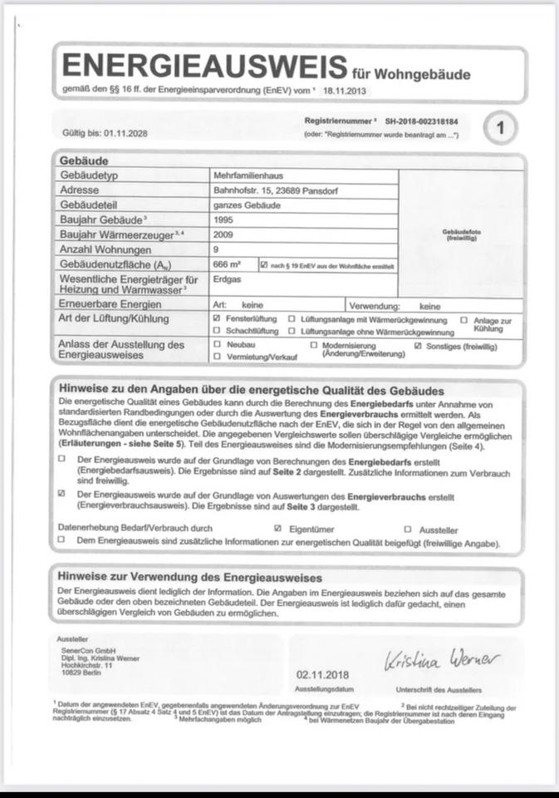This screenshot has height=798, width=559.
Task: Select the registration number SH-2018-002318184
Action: pos(422,121)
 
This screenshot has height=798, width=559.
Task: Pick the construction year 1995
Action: pos(224,220)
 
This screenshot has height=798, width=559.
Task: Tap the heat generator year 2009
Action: pos(224,235)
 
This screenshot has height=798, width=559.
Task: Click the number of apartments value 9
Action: pos(216,249)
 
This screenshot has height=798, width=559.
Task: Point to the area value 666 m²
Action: pos(228,264)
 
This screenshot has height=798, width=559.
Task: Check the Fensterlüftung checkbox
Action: pos(217,319)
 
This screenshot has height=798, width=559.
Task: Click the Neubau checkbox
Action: pos(217,344)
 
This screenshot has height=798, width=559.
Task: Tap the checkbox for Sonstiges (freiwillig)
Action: pos(418,344)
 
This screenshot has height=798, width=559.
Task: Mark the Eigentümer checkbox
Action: pos(278,528)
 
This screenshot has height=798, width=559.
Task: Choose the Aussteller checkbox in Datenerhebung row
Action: pos(408,528)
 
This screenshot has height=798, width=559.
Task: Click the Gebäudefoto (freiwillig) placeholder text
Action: pos(463,235)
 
